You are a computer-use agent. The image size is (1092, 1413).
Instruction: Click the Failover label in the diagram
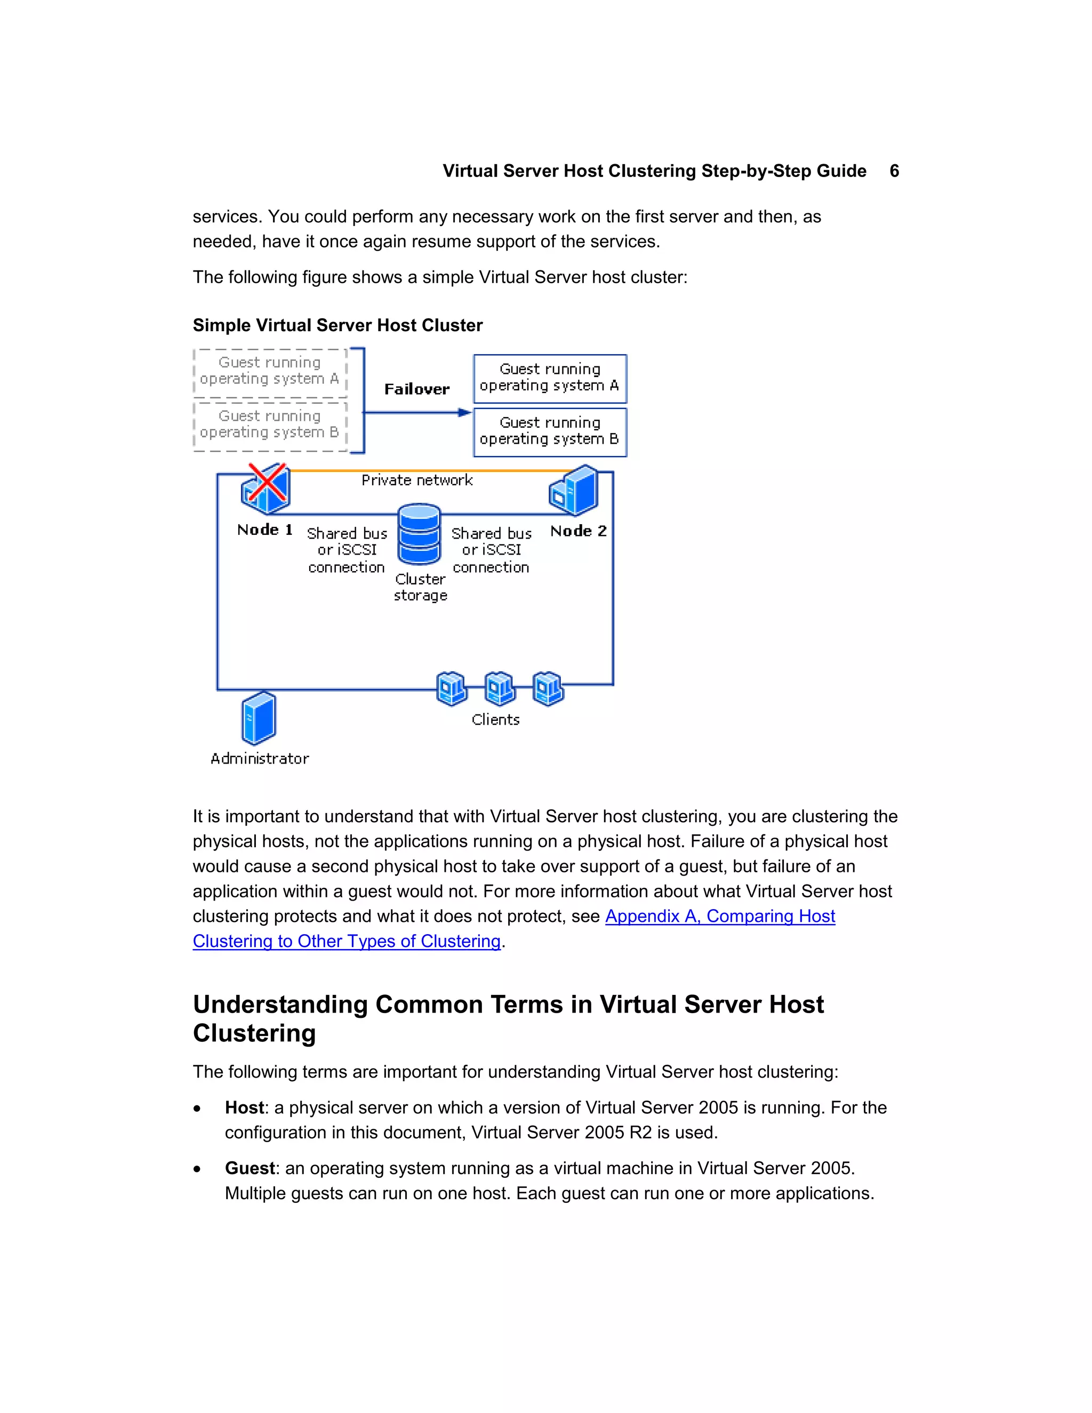[x=416, y=389]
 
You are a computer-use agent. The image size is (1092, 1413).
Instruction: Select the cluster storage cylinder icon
[x=419, y=534]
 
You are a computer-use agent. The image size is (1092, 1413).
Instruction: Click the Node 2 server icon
[x=574, y=491]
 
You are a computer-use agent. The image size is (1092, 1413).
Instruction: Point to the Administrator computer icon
[x=259, y=718]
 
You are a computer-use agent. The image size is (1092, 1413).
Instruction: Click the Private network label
[x=416, y=480]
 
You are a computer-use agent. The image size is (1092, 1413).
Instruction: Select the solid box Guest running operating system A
[x=550, y=379]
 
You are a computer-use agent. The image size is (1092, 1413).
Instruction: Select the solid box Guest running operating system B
[x=550, y=431]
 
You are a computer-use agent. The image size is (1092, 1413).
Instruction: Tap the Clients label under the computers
[x=495, y=719]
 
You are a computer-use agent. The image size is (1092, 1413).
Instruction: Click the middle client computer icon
[x=500, y=688]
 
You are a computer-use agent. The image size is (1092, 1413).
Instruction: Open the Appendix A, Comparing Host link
[x=719, y=916]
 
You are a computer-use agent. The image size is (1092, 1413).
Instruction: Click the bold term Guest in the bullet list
[x=250, y=1168]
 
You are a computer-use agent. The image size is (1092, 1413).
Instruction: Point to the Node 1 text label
[x=264, y=530]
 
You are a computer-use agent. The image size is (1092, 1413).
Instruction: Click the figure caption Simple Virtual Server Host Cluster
[x=338, y=325]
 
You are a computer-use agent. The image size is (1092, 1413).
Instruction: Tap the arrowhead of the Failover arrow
[x=464, y=413]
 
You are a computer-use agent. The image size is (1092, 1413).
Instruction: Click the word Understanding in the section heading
[x=279, y=1004]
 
